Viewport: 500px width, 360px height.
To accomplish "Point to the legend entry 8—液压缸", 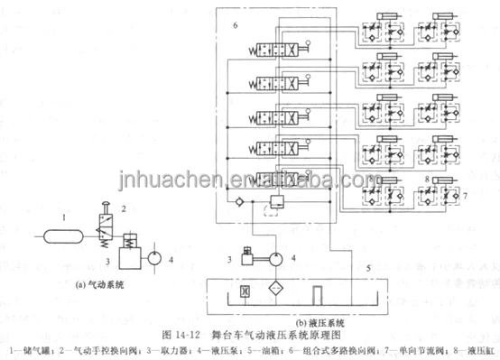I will (474, 350).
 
